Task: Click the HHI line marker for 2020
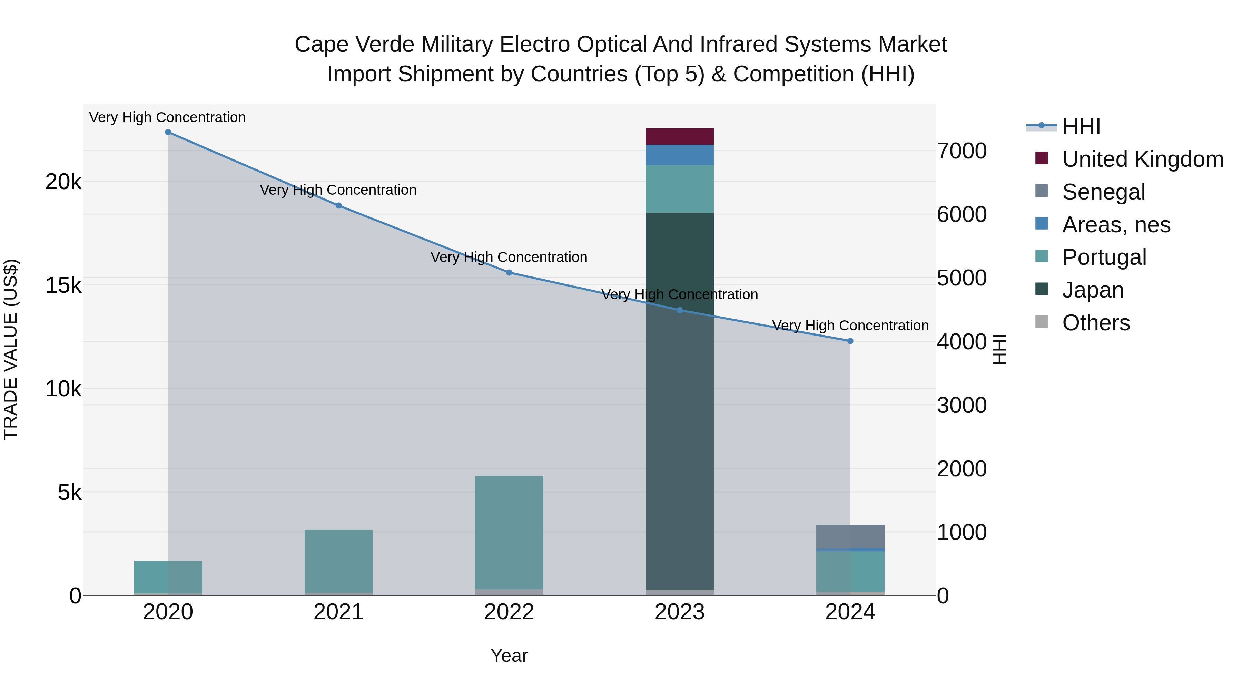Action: [168, 132]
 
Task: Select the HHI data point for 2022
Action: [509, 273]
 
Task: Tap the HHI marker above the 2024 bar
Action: [850, 341]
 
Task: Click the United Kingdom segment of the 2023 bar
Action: [679, 136]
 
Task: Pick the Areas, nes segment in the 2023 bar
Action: [679, 155]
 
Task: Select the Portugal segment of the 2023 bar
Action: [679, 188]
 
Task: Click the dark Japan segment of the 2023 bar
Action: [679, 400]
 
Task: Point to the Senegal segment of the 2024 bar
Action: [850, 536]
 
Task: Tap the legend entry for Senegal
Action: [1103, 192]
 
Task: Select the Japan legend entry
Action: [1093, 290]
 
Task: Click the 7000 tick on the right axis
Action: [962, 151]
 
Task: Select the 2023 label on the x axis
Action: [679, 612]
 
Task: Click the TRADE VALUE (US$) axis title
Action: [11, 349]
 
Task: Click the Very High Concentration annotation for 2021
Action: [338, 190]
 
